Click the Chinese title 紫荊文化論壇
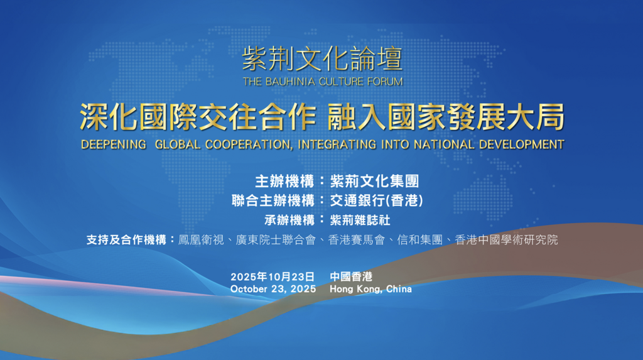[322, 58]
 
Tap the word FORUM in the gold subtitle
[385, 82]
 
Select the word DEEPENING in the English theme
[113, 145]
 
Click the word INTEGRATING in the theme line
[337, 145]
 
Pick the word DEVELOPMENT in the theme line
[522, 145]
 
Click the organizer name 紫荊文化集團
[374, 181]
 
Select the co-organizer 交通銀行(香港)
[377, 200]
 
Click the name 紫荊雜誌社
[360, 220]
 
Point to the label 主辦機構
[284, 181]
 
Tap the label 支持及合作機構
[126, 240]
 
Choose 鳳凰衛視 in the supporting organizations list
[201, 240]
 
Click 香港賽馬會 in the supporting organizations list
[357, 240]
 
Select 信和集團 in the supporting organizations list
[419, 240]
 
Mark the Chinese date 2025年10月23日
[273, 276]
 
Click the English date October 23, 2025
[273, 289]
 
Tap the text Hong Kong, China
[370, 289]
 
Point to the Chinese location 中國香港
[351, 276]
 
